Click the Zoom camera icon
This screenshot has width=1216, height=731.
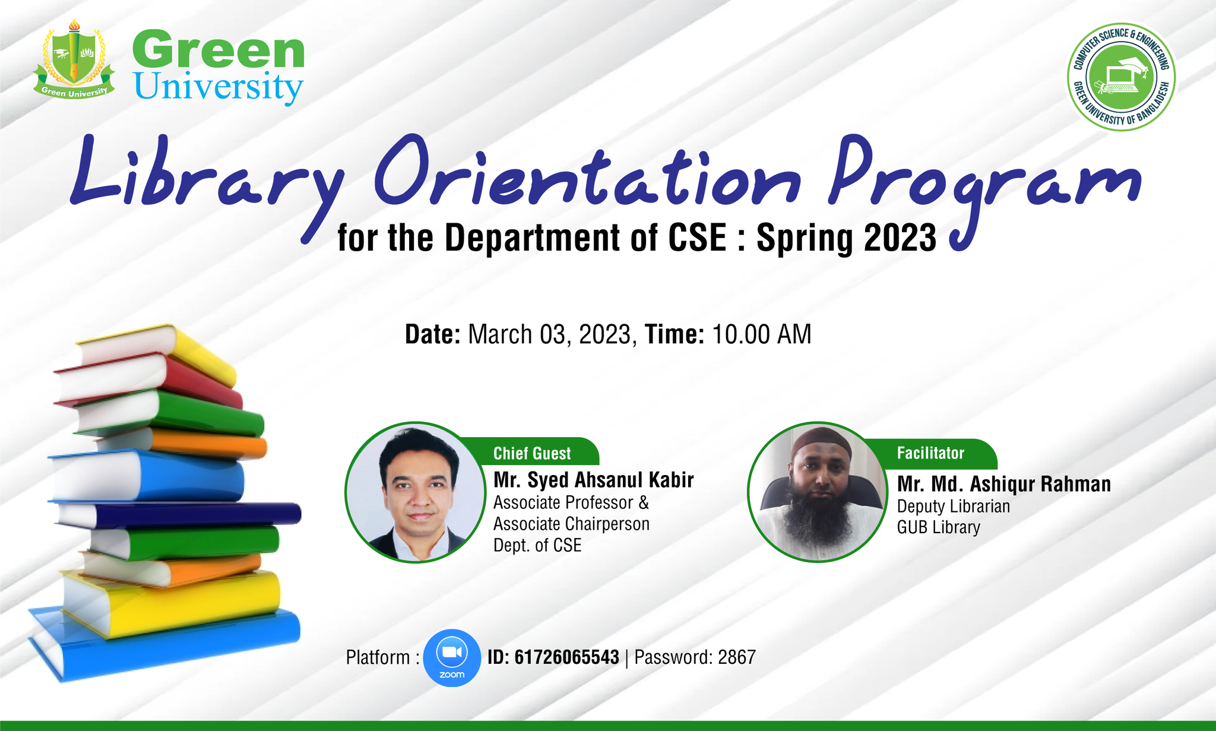(x=452, y=657)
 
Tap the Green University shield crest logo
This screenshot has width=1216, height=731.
(x=74, y=59)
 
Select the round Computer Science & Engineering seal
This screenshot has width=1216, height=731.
(x=1121, y=77)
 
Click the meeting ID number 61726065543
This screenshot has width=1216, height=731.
(x=566, y=657)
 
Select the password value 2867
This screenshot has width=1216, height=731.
(x=737, y=657)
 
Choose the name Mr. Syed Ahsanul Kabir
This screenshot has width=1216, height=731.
(x=594, y=480)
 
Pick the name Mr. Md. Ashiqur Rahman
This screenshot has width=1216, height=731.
(x=1004, y=484)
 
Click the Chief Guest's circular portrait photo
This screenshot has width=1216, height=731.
(x=416, y=492)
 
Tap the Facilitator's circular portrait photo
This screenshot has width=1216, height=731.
(x=818, y=492)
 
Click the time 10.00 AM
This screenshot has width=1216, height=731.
(x=762, y=334)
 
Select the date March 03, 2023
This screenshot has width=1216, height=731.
(x=549, y=335)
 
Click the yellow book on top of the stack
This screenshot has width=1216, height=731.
(x=156, y=355)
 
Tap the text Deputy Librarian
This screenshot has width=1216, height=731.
(x=954, y=507)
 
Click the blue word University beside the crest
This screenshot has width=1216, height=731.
(x=219, y=87)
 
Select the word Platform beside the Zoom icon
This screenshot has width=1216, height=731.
(x=378, y=657)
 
